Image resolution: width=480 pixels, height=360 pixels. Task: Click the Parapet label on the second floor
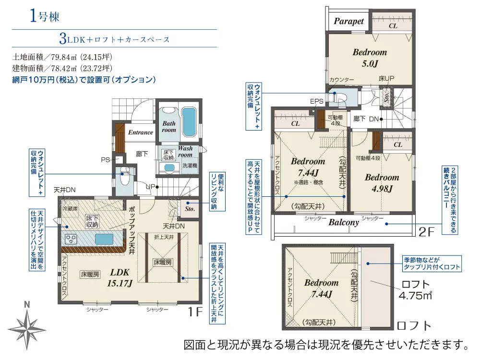pos(349,22)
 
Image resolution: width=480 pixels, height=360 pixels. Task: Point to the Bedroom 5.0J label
pos(369,57)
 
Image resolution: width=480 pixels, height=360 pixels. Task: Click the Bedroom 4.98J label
pos(382,183)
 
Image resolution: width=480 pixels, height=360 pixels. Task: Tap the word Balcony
pos(344,222)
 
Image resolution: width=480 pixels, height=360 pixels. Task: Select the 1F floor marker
pos(195,312)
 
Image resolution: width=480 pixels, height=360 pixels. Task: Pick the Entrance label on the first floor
pos(140,132)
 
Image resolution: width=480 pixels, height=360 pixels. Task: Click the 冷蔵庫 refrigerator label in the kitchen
pos(70,209)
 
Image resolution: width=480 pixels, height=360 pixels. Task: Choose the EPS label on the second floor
pos(317,101)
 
